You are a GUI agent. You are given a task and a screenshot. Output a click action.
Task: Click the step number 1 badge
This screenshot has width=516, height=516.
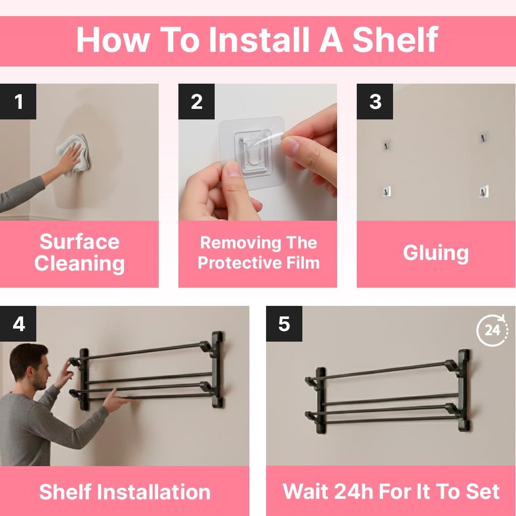coord(18,101)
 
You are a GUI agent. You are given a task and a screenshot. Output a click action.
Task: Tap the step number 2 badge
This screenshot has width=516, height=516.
coord(197,101)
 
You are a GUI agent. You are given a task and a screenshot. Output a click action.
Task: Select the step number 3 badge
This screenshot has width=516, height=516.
coord(375,101)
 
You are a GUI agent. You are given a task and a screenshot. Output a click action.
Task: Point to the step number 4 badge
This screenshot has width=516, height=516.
coord(18,324)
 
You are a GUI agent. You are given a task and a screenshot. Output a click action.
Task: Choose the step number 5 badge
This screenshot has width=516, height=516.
coord(284,324)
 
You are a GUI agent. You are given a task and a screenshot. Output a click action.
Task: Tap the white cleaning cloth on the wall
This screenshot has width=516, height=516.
coord(73,153)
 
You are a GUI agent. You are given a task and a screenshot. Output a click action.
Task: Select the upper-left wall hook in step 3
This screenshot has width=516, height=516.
coord(386,145)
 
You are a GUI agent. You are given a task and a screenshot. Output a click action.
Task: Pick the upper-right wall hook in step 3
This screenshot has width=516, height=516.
coord(483,137)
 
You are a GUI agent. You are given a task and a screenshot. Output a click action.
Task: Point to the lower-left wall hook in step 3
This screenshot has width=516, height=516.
coord(386,191)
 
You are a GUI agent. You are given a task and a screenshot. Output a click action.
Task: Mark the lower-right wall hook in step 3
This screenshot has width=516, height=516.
coord(483,191)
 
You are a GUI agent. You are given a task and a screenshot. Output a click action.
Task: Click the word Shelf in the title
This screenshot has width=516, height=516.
coord(395,39)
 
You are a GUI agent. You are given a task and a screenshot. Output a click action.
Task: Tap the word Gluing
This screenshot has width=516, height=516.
coord(436,253)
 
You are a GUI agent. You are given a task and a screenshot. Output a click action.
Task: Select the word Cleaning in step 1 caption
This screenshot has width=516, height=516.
coord(79,264)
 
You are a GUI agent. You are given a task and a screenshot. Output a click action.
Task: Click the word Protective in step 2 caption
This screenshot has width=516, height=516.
coord(240,263)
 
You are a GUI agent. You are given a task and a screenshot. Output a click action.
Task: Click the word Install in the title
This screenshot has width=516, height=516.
coord(259,39)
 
